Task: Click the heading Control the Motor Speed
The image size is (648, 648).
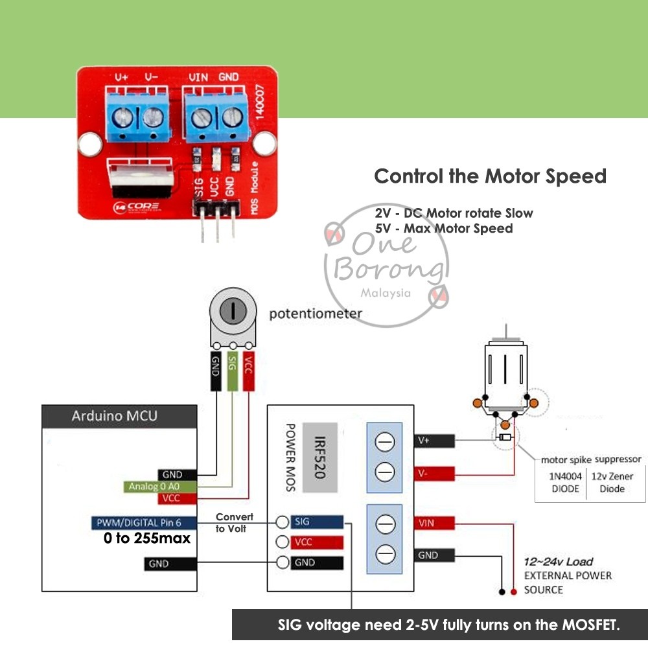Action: (x=491, y=176)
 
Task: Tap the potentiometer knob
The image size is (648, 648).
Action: (x=231, y=311)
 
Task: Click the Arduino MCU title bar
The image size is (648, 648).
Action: (x=119, y=416)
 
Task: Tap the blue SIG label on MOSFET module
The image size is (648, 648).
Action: (x=317, y=522)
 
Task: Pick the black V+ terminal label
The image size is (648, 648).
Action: (x=434, y=441)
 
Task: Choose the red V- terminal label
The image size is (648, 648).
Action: (x=434, y=474)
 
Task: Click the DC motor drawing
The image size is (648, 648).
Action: (x=505, y=376)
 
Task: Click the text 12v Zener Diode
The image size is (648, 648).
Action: (x=612, y=482)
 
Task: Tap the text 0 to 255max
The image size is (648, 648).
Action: (x=146, y=538)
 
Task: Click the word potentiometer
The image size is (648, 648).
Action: (x=315, y=314)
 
